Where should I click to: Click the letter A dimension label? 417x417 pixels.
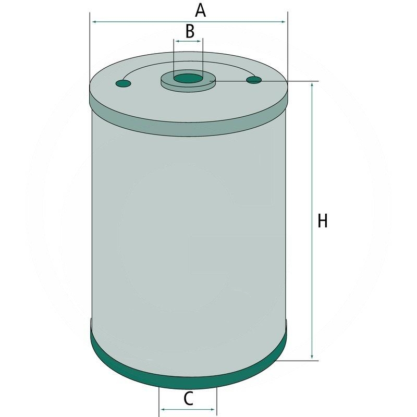tap(201, 10)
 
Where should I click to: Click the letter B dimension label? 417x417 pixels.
tap(190, 31)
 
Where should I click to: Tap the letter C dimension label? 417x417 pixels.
tap(188, 399)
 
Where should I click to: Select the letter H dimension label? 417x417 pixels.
tap(323, 221)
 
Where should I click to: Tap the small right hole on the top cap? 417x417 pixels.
tap(254, 80)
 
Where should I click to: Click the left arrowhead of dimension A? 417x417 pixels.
tap(94, 22)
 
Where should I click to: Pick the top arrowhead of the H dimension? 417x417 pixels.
tap(313, 85)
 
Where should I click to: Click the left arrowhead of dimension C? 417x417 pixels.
tap(163, 410)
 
